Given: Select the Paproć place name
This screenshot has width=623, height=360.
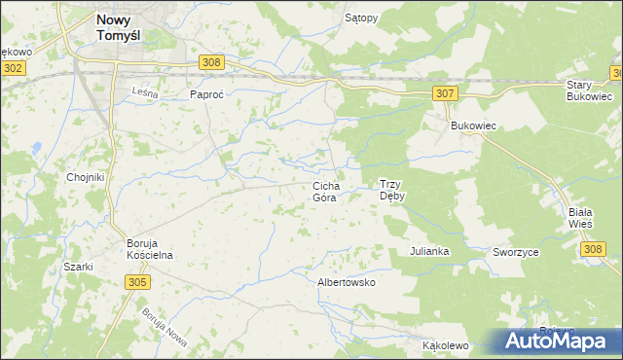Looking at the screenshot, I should (x=207, y=94).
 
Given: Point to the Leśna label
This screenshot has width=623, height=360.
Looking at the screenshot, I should (x=144, y=90).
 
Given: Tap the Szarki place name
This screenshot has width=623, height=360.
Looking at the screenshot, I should (x=78, y=267).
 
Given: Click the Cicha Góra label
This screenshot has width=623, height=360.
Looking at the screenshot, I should (x=324, y=191).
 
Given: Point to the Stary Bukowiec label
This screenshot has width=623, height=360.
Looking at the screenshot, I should (x=589, y=91).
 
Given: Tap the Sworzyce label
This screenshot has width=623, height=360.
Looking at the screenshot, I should (x=516, y=251).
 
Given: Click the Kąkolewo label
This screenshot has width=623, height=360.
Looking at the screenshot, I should (x=446, y=345).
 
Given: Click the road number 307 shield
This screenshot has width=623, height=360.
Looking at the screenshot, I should (x=445, y=92).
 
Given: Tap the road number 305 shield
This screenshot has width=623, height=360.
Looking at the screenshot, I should (x=137, y=281).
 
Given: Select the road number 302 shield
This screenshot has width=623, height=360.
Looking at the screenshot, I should (x=13, y=68).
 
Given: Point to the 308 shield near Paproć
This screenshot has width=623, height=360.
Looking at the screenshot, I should (x=212, y=61).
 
